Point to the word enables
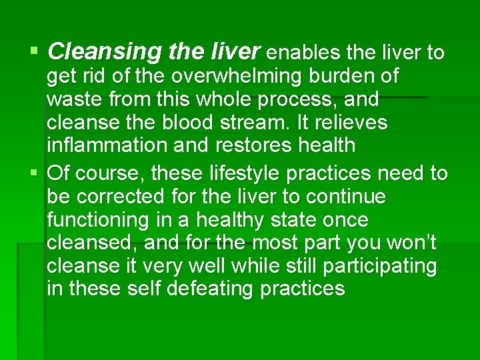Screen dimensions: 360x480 click(x=305, y=52)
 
